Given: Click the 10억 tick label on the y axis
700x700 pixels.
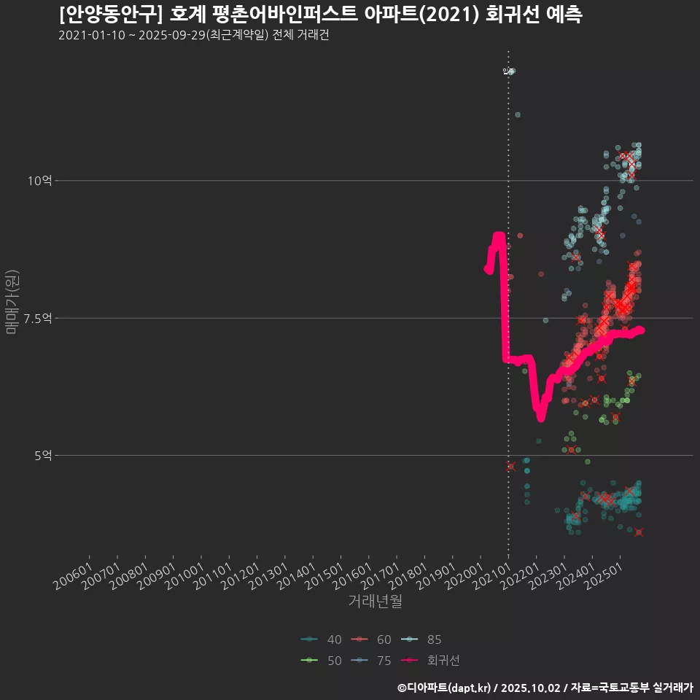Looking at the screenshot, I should tap(39, 181).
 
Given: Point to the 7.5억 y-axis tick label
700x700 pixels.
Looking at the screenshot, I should tap(36, 318).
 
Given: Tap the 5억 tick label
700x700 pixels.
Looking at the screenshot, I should tap(42, 455).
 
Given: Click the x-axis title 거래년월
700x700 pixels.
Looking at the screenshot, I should tap(375, 602).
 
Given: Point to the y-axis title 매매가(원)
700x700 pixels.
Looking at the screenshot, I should tap(12, 302).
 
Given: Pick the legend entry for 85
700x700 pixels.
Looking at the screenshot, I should tap(422, 640).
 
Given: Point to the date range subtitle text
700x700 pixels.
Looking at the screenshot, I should tap(193, 36).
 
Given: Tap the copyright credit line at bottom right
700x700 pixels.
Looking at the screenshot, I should tap(545, 688).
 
